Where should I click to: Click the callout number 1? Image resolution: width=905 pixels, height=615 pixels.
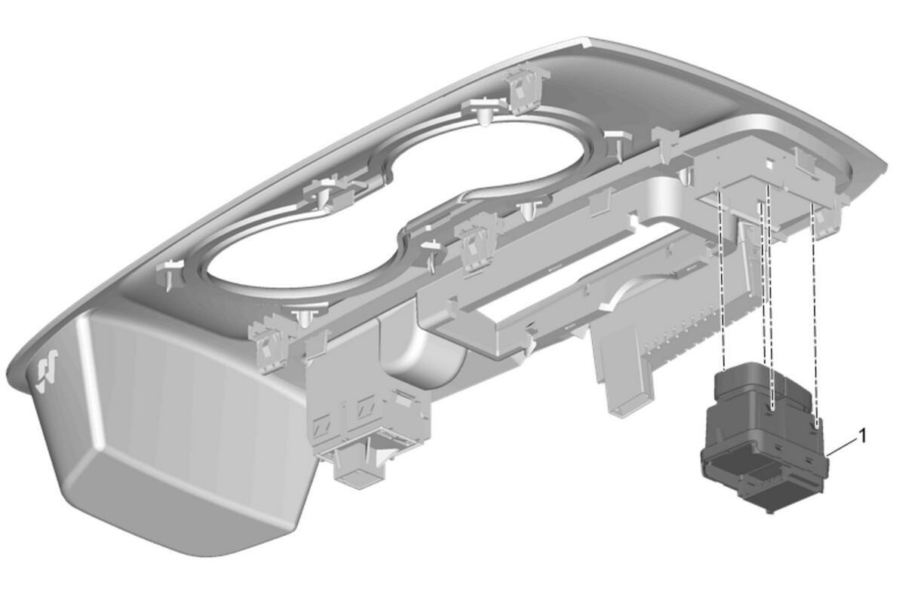[863, 436]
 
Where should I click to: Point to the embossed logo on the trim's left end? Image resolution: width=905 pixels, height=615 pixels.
[48, 370]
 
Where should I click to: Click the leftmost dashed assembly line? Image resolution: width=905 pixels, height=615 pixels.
[721, 279]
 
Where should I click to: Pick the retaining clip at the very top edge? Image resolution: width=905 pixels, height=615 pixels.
[525, 90]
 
